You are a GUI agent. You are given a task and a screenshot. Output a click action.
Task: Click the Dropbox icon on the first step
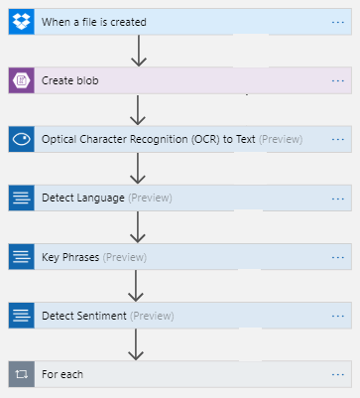pos(21,22)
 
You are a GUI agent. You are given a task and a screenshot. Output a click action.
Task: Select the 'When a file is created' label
pos(94,22)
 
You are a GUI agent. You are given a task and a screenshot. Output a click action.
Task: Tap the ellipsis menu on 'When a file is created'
pos(338,22)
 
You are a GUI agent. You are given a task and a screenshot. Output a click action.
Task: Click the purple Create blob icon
pos(21,80)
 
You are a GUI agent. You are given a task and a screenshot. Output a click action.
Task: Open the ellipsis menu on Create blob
pos(338,80)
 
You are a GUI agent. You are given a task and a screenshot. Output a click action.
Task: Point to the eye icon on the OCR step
pos(21,139)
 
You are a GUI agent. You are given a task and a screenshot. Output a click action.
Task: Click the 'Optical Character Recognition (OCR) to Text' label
pos(149,139)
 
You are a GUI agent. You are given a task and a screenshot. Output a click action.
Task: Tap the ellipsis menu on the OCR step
pos(338,139)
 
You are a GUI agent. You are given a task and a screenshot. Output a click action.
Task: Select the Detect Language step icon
pos(21,198)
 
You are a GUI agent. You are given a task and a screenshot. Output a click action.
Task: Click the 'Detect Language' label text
pos(83,198)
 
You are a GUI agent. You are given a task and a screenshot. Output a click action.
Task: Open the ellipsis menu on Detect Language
pos(338,198)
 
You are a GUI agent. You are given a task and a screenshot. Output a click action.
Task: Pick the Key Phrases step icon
pos(21,257)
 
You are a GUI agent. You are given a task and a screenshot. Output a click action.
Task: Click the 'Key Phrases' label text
pos(71,257)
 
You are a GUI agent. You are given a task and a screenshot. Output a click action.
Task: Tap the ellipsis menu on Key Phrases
pos(338,257)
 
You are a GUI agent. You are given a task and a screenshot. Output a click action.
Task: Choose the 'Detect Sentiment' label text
pos(84,316)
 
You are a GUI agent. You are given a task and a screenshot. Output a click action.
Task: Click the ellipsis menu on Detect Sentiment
pos(338,316)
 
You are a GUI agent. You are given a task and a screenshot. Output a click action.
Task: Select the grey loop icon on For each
pos(21,374)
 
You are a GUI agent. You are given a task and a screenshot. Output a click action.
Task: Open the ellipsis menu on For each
pos(338,374)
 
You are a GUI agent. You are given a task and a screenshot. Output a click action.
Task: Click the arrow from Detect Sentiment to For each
pos(138,344)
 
